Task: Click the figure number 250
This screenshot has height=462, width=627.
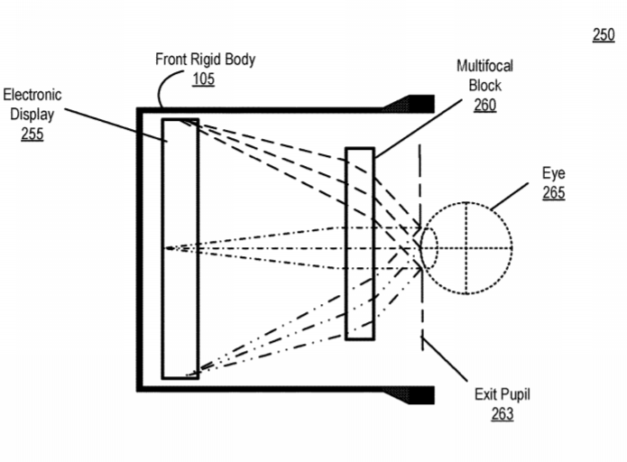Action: (x=604, y=35)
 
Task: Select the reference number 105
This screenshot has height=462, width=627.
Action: (x=204, y=79)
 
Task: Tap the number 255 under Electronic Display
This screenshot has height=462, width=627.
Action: (x=32, y=134)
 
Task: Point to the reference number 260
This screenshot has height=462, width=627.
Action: (x=485, y=106)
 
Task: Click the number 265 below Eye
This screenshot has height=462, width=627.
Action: (x=554, y=193)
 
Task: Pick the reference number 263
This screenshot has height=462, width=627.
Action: (x=503, y=414)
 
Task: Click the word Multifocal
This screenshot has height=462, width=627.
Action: (x=484, y=66)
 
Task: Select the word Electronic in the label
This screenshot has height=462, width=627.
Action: (x=32, y=95)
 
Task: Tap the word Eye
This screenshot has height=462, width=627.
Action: (x=554, y=174)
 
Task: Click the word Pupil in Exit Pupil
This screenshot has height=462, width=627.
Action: (x=516, y=395)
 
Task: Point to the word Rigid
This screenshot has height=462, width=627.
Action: (x=207, y=60)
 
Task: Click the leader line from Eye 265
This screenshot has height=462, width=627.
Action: (x=510, y=197)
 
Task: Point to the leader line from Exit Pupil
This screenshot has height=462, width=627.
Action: (x=445, y=359)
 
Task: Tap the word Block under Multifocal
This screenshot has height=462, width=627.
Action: (x=484, y=86)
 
